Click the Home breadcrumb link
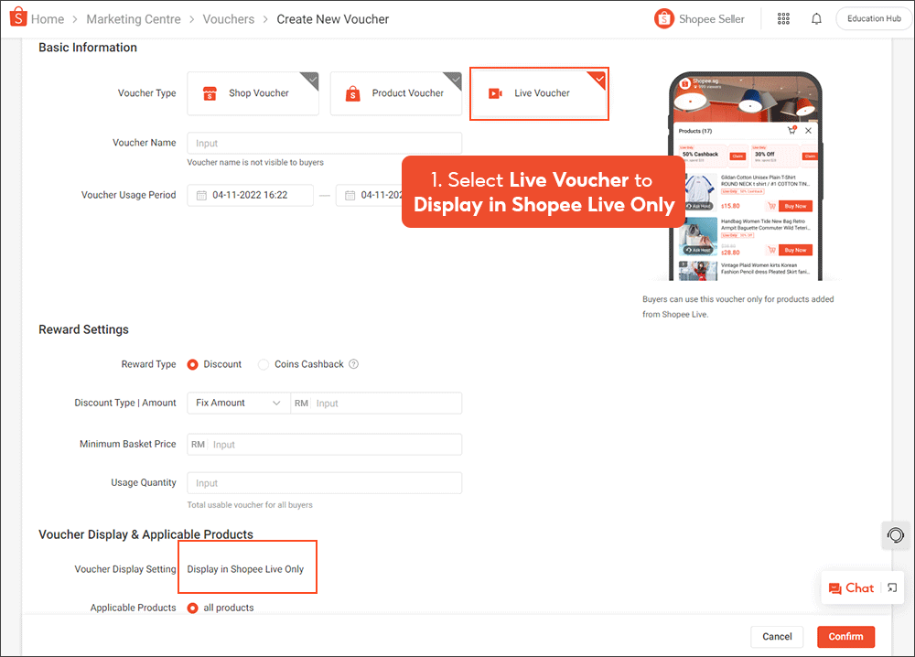click(x=47, y=19)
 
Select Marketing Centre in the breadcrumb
click(x=134, y=19)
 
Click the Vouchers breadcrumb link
click(x=229, y=19)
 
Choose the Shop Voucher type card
click(x=253, y=93)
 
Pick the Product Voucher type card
click(x=395, y=93)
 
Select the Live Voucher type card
click(x=539, y=93)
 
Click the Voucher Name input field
click(x=324, y=144)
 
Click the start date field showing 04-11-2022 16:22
click(x=250, y=195)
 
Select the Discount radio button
click(x=193, y=364)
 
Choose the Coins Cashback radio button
click(x=264, y=364)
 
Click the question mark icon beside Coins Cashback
click(x=353, y=364)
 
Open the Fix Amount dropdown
click(x=238, y=403)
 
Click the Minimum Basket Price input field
click(x=334, y=445)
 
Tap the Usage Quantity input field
click(x=324, y=483)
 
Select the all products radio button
click(x=193, y=608)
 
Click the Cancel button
click(x=777, y=637)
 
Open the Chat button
click(x=851, y=588)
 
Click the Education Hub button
click(x=874, y=19)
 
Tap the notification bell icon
click(x=816, y=19)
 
